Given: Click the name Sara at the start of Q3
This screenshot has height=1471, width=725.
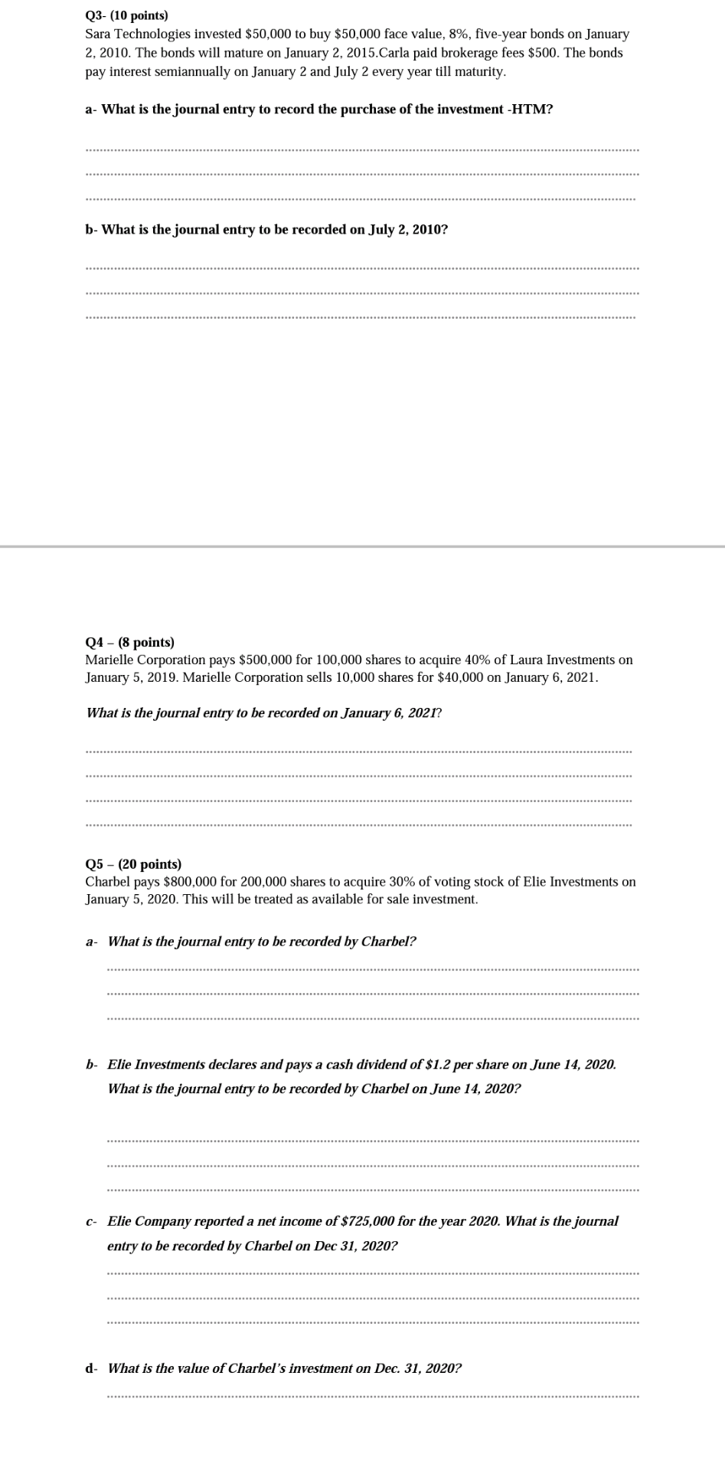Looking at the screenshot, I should point(98,34).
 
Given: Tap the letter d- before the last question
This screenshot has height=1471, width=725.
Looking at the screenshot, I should point(91,1368).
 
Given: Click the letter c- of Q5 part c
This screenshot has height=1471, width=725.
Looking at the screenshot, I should point(91,1221).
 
